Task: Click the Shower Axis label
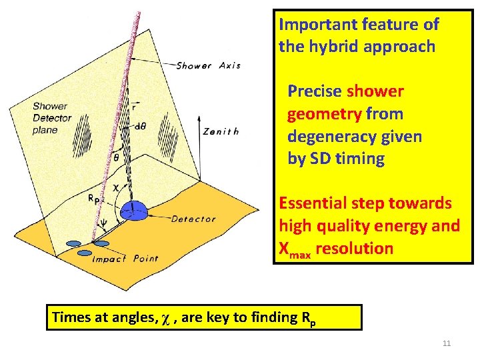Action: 208,65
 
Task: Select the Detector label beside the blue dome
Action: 193,219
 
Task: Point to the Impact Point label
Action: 125,259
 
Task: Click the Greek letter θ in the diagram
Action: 117,159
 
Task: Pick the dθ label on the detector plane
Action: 140,126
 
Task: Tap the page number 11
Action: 447,343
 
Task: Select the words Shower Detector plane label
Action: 50,118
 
